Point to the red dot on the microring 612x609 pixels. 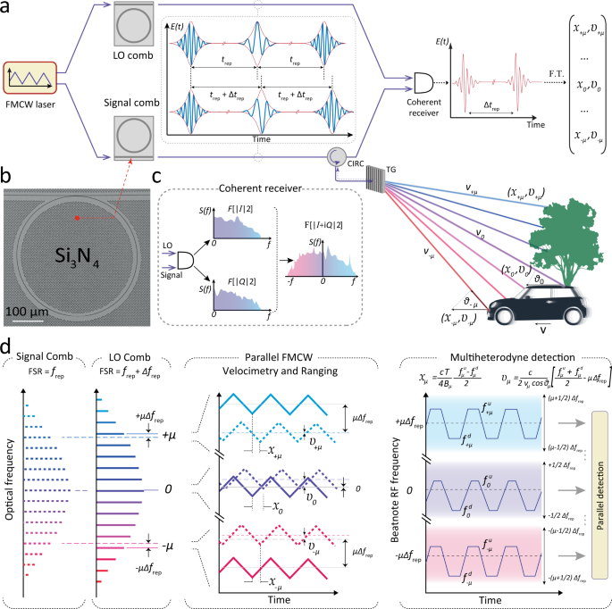77,218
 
